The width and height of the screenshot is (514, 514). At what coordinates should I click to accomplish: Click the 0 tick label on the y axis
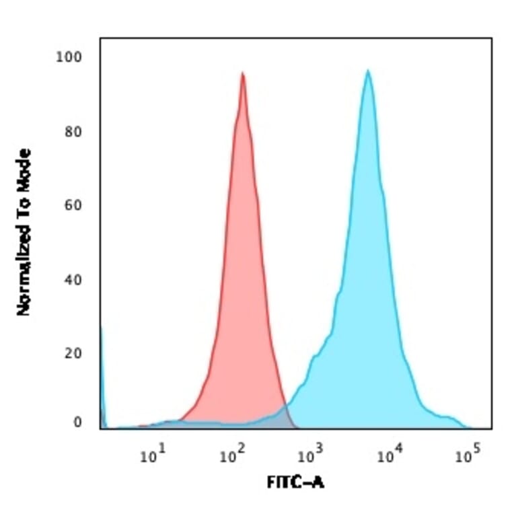(x=77, y=423)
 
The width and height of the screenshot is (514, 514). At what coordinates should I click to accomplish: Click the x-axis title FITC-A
(x=295, y=482)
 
